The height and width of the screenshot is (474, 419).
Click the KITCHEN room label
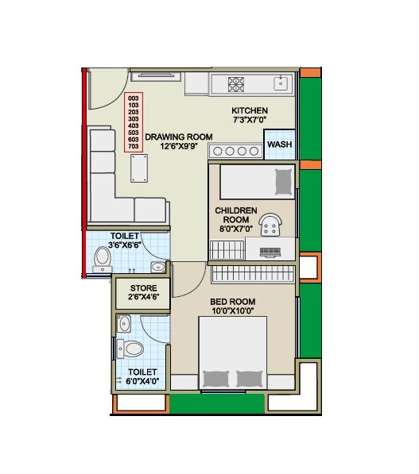click(x=249, y=110)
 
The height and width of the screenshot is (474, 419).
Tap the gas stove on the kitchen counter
click(x=236, y=83)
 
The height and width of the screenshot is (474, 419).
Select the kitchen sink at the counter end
click(x=281, y=82)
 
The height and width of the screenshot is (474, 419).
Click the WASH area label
click(x=278, y=145)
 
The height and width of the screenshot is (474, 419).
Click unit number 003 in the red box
click(x=133, y=97)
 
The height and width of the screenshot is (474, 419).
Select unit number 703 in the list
click(x=133, y=146)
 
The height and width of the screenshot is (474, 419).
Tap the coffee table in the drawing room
click(x=139, y=169)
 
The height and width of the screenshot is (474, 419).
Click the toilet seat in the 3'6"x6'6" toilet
click(x=103, y=259)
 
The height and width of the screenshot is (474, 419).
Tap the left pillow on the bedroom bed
click(x=216, y=378)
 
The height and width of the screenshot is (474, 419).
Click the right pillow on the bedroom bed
click(x=249, y=378)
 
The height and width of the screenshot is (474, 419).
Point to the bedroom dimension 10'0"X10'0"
click(x=231, y=310)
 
